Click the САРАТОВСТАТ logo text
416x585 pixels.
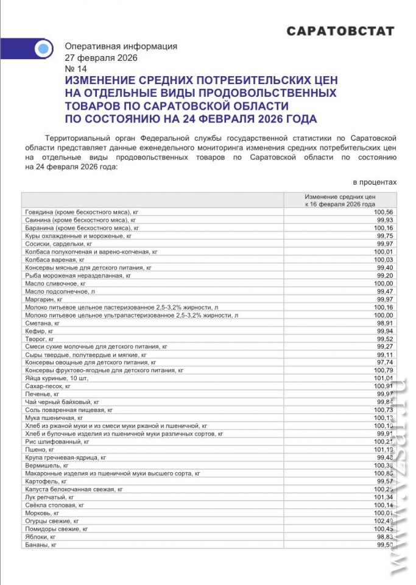coord(340,31)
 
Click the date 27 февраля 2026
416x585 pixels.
coord(101,58)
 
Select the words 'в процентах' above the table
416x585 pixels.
coord(375,182)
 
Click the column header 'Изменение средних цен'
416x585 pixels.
coord(340,197)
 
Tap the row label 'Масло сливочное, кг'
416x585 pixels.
coord(51,283)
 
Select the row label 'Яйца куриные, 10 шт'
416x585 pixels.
coord(57,378)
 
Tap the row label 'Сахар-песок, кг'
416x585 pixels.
coord(48,386)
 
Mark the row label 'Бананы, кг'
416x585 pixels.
coord(41,545)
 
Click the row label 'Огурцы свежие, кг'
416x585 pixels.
coord(52,521)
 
